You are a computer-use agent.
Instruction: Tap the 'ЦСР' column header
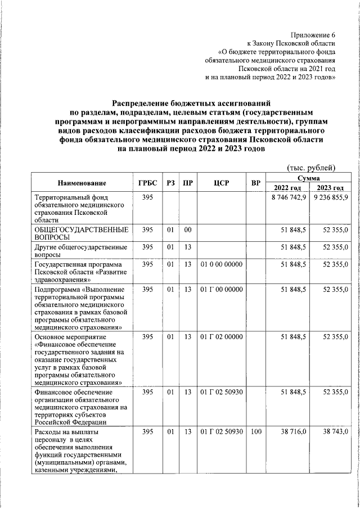[x=221, y=183]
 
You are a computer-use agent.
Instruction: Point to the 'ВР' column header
[x=255, y=183]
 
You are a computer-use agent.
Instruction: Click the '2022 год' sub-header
[x=287, y=188]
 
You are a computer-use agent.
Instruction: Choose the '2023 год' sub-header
[x=330, y=188]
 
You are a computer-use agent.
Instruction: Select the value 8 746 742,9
[x=289, y=198]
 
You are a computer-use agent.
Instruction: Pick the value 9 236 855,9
[x=331, y=198]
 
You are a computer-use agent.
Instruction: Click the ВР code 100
[x=256, y=431]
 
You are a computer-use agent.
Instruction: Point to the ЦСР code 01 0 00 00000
[x=221, y=263]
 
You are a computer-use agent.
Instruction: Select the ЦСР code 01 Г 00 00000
[x=221, y=289]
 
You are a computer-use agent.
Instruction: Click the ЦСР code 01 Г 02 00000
[x=221, y=336]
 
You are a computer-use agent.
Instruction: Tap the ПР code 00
[x=188, y=229]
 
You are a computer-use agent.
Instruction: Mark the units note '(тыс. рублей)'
[x=311, y=167]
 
